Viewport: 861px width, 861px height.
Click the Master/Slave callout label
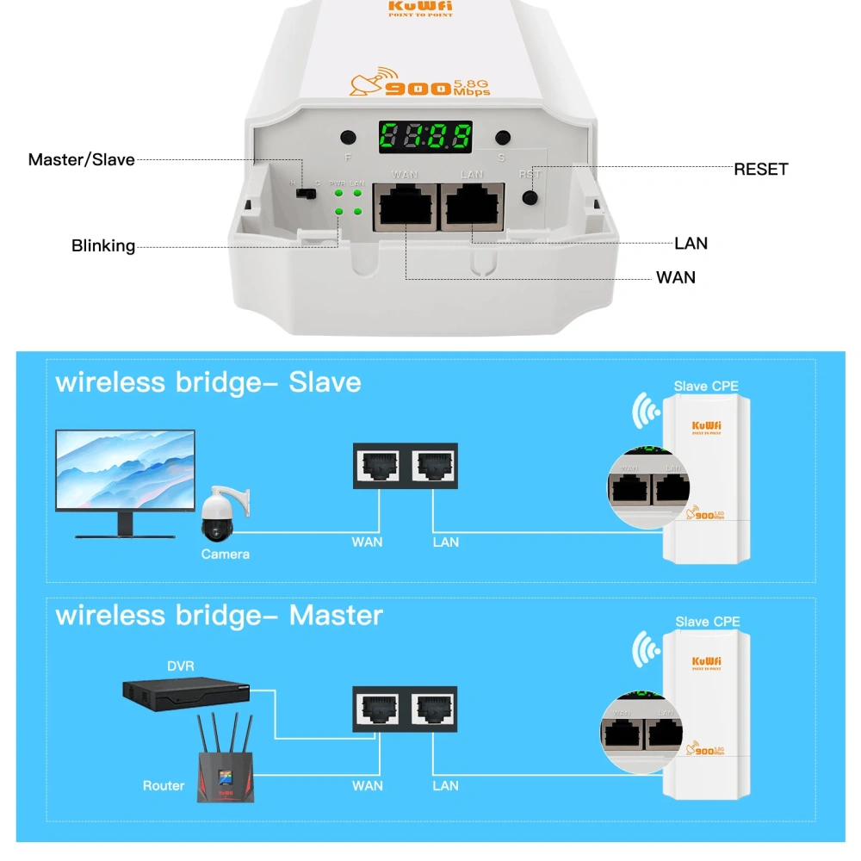coord(82,159)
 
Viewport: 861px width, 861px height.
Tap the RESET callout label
coord(760,170)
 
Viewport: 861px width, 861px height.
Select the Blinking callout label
coord(103,246)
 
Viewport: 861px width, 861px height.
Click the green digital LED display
coord(425,136)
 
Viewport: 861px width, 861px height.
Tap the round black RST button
coord(530,197)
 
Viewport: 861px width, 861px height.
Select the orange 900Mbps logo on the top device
coord(419,84)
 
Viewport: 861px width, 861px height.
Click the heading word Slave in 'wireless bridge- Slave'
coord(325,381)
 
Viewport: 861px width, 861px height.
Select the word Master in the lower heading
coord(336,616)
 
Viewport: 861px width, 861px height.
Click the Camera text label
coord(226,554)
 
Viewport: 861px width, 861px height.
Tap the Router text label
coord(164,785)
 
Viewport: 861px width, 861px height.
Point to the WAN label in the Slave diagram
coord(368,542)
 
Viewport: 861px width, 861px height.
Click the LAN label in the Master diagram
coord(445,785)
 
